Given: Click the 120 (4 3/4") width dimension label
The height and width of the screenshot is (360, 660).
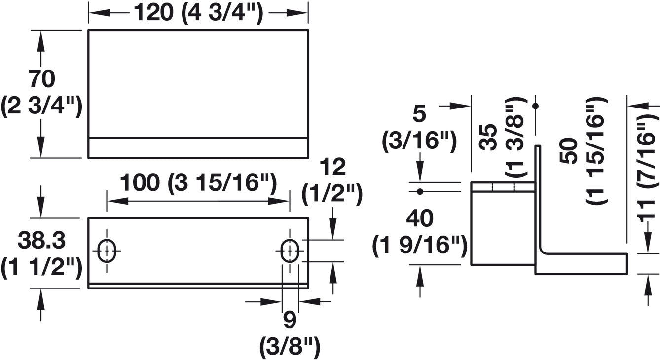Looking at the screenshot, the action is pos(198,13).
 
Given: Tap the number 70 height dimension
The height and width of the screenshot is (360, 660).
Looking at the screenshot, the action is pos(42,79).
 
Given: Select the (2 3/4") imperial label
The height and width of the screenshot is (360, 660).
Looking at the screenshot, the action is pos(41,107).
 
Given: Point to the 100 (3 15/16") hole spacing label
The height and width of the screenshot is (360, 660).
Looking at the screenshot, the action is pos(198,183).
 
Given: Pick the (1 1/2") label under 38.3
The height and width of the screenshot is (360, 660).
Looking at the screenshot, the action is pos(41,268).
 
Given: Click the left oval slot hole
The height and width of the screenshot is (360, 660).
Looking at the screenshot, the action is pos(107,251).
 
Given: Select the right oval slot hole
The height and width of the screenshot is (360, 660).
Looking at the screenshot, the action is pos(290,251).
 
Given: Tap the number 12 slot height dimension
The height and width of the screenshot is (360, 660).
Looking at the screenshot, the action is pos(332,167).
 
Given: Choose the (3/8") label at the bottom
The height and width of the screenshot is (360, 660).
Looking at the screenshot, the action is pos(290,348).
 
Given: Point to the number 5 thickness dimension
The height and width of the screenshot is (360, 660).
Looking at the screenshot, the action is pos(419,114).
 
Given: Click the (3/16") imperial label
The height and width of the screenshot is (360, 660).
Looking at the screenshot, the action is pos(419,142).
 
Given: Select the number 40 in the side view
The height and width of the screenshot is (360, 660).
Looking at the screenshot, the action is pos(420,218).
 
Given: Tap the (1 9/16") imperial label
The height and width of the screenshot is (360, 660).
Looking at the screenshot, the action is pos(420,246).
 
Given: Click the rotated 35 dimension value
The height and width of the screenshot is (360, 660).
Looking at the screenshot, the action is pos(488,137).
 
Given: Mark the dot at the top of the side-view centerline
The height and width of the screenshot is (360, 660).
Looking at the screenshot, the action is pos(536,106).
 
